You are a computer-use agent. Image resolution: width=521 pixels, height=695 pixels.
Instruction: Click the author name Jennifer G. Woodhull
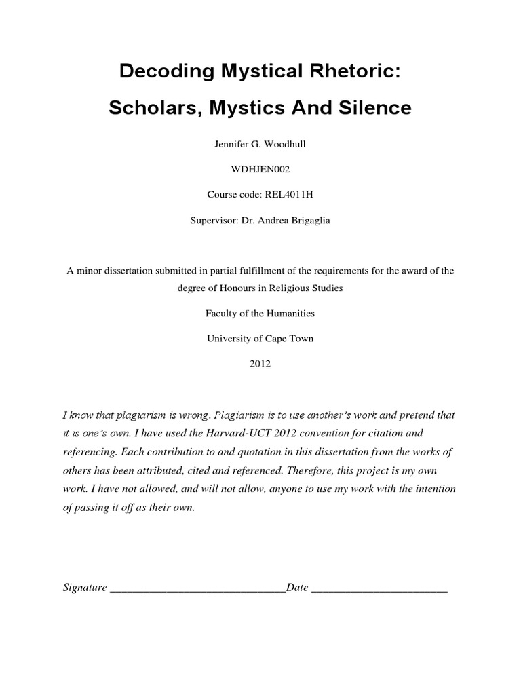pyautogui.click(x=260, y=144)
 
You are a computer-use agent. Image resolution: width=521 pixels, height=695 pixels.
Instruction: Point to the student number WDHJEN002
pyautogui.click(x=260, y=169)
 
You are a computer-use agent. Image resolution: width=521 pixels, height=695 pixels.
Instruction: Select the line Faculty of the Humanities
pyautogui.click(x=260, y=314)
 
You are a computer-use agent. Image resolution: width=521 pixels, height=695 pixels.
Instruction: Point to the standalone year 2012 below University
pyautogui.click(x=260, y=364)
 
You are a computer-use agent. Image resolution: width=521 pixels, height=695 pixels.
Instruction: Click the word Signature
pyautogui.click(x=85, y=588)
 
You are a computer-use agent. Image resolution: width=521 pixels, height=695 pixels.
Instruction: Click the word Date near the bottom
pyautogui.click(x=297, y=588)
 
